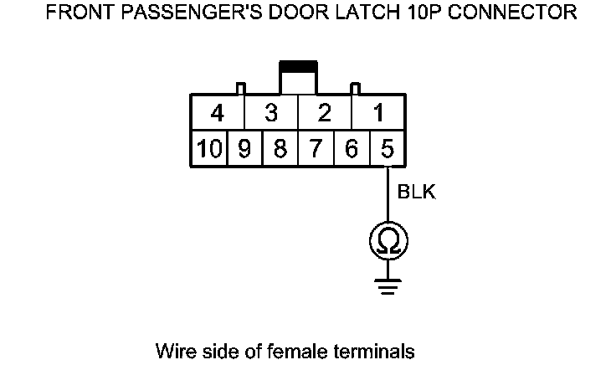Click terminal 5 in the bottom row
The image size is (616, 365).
coord(388,150)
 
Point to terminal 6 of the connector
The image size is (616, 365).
coord(352,150)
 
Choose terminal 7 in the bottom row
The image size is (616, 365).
coord(316,150)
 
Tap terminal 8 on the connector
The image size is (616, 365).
coord(280,150)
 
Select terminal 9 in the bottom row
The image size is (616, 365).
coord(244,150)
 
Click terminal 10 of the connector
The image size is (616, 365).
coord(209,150)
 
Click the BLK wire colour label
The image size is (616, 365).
coord(416,193)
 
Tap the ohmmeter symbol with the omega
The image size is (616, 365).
coord(388,241)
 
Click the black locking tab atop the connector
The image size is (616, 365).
coord(298,65)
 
